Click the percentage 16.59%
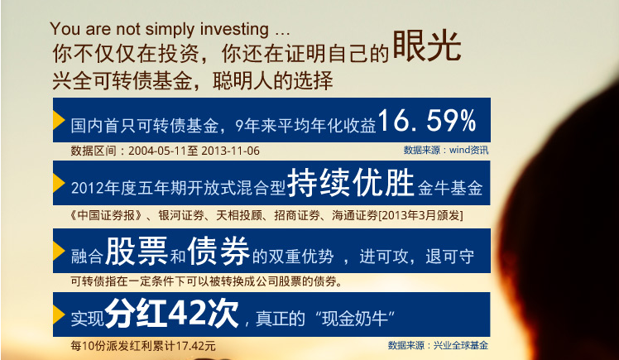428,122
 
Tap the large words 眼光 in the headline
426,49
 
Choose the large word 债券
218,249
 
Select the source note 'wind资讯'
469,151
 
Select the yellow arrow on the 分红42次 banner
59,313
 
